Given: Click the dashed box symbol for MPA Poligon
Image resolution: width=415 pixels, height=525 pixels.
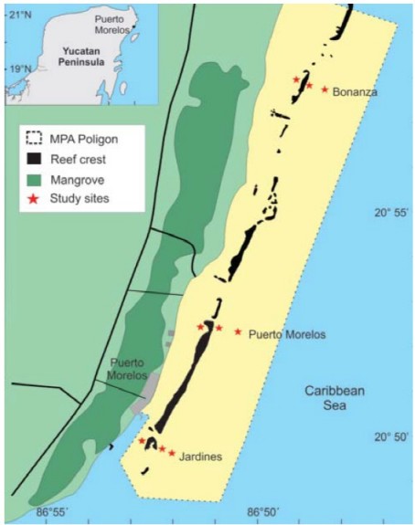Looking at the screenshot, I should click(35, 139).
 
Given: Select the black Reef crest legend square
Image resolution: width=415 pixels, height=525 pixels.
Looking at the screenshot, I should click(35, 158).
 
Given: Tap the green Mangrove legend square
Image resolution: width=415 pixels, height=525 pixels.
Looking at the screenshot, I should click(35, 177).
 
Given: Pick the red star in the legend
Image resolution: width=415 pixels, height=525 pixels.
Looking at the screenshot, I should click(35, 196).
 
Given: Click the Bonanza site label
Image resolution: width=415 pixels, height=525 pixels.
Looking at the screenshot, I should click(356, 91).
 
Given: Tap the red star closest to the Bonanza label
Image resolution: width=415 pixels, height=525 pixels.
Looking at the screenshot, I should click(325, 89).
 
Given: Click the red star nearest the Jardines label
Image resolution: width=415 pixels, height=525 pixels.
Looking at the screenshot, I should click(171, 452).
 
